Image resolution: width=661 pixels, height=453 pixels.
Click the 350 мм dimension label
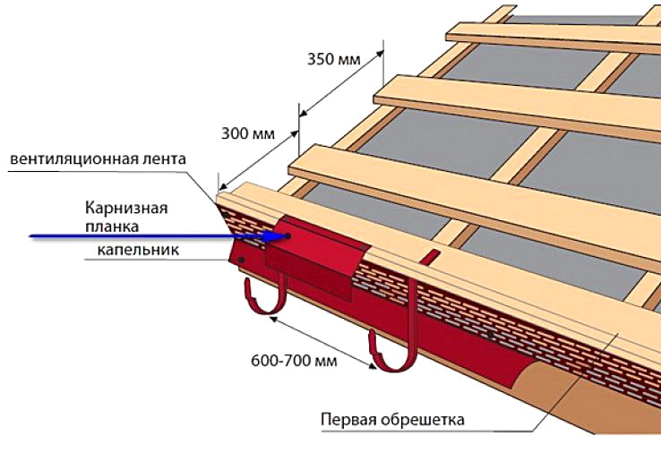[333, 59]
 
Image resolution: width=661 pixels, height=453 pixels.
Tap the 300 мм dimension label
[248, 133]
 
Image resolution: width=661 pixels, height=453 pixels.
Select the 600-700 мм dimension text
[294, 361]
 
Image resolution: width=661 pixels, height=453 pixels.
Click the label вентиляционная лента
[98, 159]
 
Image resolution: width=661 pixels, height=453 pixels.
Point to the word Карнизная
[126, 208]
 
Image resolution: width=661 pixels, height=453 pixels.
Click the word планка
[112, 226]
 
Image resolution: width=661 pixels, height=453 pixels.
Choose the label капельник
[138, 250]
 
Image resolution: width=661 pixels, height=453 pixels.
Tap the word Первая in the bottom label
[347, 420]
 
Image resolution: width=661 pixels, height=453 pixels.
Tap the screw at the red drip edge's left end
[241, 260]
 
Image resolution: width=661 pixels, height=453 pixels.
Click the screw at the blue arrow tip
[288, 236]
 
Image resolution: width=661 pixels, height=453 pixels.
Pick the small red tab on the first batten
[430, 257]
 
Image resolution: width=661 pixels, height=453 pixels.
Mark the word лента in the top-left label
[164, 159]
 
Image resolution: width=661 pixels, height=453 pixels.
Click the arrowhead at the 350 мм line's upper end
[380, 54]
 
